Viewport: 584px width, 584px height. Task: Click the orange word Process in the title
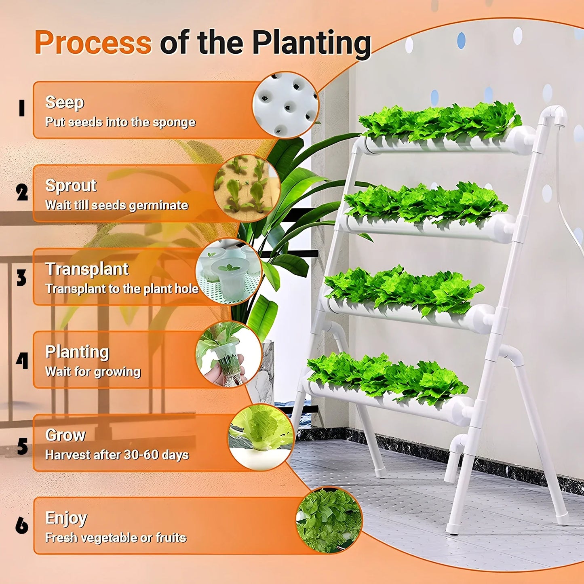coord(93,42)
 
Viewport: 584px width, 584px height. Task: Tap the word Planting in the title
coord(311,44)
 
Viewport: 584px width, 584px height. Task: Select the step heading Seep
coord(65,102)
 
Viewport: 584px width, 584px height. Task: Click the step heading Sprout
coord(71,186)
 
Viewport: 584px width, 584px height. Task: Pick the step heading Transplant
coord(87,269)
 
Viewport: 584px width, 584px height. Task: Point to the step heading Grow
coord(65,435)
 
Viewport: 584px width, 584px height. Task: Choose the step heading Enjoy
coord(66,518)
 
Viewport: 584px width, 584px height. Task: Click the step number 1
coord(22,108)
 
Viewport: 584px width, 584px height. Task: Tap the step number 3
coord(21,278)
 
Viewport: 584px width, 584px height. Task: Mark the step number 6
coord(22,525)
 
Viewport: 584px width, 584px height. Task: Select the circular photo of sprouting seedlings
coord(247,188)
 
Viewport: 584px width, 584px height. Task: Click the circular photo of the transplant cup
coord(229,272)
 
